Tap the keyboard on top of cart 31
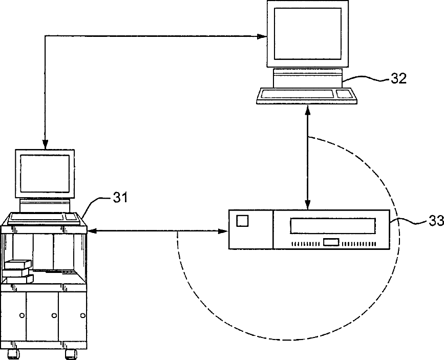tap(44, 217)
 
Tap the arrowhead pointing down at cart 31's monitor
tap(45, 143)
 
